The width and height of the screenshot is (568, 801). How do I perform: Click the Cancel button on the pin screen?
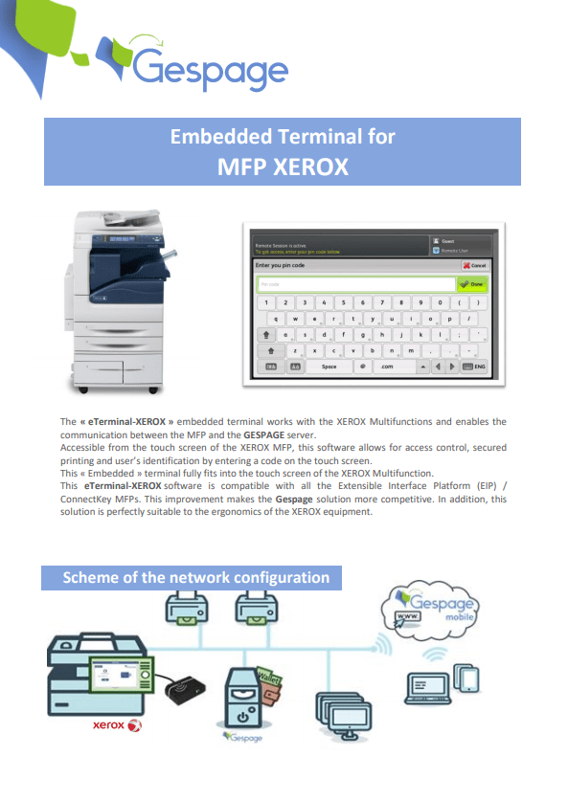point(475,264)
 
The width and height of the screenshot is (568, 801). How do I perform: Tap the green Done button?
point(473,284)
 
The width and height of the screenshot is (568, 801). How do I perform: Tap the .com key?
point(388,366)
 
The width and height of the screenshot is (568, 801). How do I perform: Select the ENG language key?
point(474,366)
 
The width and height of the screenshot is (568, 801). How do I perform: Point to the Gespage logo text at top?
point(210,69)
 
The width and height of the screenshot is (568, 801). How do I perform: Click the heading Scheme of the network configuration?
point(195,577)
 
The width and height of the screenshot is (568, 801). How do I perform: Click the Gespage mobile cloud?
point(437,609)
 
